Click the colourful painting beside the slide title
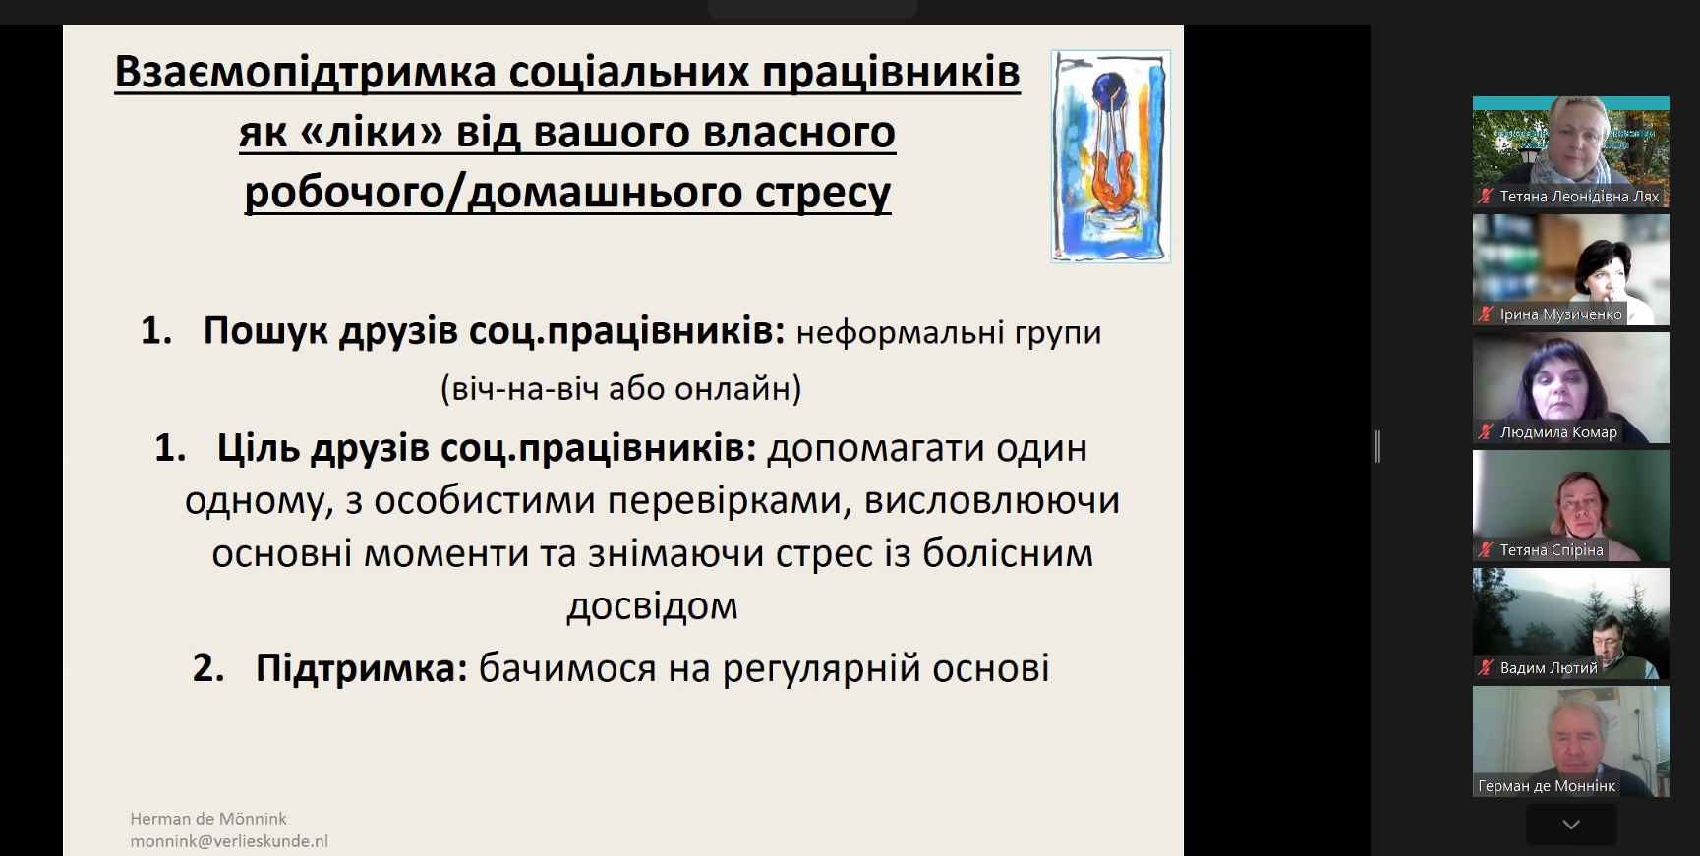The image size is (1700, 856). pos(1110,156)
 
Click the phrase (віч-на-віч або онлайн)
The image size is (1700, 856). pos(621,389)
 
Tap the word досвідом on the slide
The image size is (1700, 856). pos(652,606)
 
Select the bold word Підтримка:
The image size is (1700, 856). pos(362,668)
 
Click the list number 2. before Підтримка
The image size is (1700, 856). pos(208,668)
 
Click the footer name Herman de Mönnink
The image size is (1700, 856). pos(208,819)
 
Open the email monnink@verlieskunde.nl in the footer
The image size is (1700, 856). pos(229,841)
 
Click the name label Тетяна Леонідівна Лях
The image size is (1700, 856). pos(1579,197)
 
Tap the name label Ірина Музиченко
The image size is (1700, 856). pos(1560,314)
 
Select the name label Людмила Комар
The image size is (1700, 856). pos(1558,432)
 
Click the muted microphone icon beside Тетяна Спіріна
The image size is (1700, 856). pos(1486,550)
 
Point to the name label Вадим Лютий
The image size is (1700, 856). pos(1549,668)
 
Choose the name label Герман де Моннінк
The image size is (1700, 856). pos(1547,786)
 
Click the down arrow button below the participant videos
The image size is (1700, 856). pos(1571,825)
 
